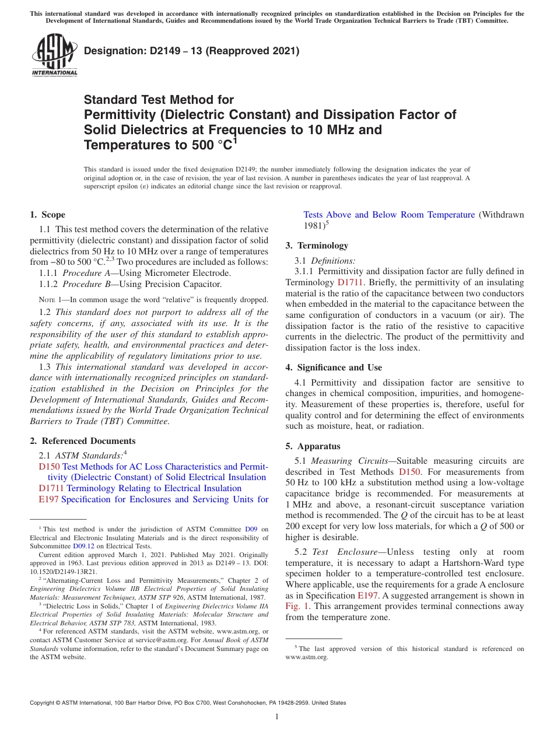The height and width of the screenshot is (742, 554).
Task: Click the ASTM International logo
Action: click(54, 55)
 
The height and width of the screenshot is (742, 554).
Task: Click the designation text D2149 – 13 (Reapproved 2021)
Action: click(191, 51)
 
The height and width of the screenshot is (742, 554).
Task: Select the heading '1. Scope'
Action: click(48, 215)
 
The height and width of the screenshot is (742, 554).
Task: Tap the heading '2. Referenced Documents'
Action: click(82, 441)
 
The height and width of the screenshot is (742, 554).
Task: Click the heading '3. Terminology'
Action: click(317, 246)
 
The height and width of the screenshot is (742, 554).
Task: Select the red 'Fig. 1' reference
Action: click(296, 606)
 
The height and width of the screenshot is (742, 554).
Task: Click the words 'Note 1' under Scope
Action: click(52, 299)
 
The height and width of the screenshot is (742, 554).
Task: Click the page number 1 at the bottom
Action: click(277, 717)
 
